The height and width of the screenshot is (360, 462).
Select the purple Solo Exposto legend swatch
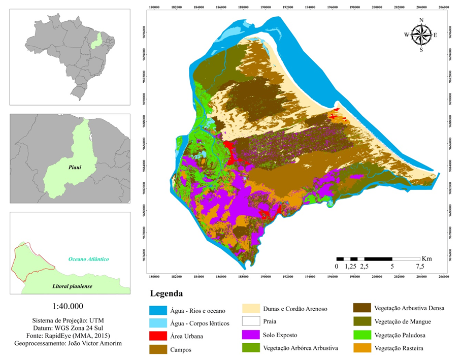[x=252, y=335]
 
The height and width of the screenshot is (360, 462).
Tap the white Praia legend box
[x=252, y=321]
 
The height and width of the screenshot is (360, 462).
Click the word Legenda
[x=166, y=294]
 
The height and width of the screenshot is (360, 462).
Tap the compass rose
[x=421, y=35]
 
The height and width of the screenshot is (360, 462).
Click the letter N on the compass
[x=421, y=20]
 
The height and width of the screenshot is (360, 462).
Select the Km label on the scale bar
[x=426, y=258]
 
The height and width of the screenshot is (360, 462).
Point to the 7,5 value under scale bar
[x=420, y=267]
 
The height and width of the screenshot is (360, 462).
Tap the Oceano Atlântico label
[x=89, y=259]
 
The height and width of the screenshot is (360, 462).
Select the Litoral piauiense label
[x=72, y=286]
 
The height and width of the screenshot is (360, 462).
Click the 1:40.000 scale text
[x=68, y=306]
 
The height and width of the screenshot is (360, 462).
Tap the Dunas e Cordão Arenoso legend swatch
[x=252, y=308]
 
